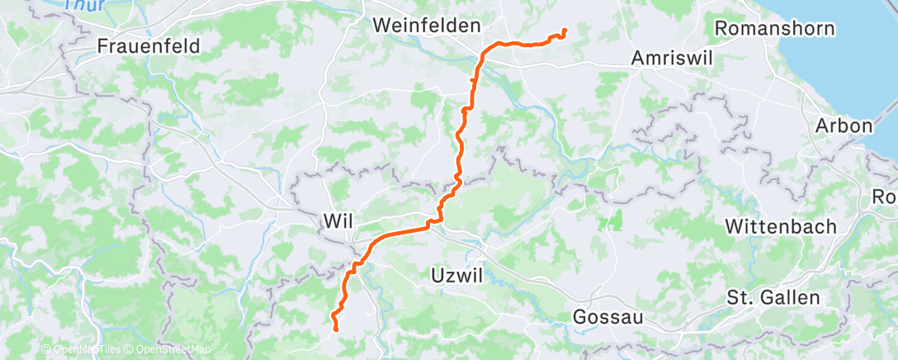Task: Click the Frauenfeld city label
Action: coord(149,46)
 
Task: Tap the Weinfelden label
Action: coord(426,26)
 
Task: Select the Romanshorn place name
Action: coord(774,27)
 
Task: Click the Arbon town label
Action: coord(843,126)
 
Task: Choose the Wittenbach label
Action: coord(781,226)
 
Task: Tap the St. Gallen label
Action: coord(773,297)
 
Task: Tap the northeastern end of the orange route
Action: coord(565,31)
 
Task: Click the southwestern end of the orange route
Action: coord(335,329)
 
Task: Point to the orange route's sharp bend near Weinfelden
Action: coord(483,52)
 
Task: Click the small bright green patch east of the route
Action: coord(612,220)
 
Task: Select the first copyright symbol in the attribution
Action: coord(46,350)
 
